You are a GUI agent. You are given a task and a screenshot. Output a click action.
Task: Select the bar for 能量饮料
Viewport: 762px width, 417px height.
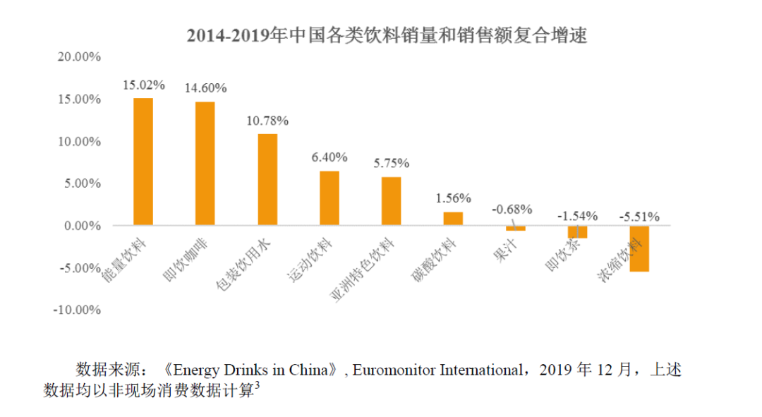coord(143,162)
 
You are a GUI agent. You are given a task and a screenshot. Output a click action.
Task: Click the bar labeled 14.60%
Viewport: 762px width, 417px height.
coord(205,164)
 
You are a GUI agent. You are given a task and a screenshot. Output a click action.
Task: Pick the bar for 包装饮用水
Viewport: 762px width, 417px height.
coord(267,179)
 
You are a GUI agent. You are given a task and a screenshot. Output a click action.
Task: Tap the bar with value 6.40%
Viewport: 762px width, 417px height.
coord(329,198)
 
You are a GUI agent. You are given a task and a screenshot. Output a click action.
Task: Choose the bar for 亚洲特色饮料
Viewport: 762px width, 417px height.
coord(391,201)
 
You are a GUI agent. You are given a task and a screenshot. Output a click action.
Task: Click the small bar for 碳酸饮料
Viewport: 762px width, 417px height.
coord(453,219)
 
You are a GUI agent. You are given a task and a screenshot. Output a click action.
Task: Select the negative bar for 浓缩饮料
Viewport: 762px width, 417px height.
coord(639,248)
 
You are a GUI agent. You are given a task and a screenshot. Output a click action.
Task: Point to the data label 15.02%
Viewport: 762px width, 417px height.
coord(143,85)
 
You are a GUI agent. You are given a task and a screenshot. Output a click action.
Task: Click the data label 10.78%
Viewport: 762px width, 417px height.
coord(267,121)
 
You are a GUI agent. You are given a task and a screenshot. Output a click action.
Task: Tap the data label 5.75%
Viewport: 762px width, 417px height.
coord(391,163)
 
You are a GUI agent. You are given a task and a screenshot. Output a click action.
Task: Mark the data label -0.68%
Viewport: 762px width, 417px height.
coord(514,209)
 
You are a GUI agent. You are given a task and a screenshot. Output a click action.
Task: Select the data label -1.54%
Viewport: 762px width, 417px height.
coord(577,215)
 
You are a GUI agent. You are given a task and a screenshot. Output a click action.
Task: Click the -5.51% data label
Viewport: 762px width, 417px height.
coord(639,216)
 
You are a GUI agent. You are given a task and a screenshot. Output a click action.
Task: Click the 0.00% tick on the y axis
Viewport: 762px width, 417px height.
coord(83,226)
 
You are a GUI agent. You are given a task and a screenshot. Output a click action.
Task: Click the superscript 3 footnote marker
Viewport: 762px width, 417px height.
coord(258,385)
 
